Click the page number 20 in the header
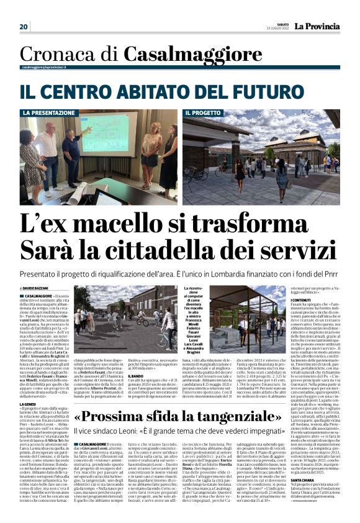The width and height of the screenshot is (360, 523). click(x=24, y=27)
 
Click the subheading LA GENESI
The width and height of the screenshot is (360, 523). click(x=28, y=386)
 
